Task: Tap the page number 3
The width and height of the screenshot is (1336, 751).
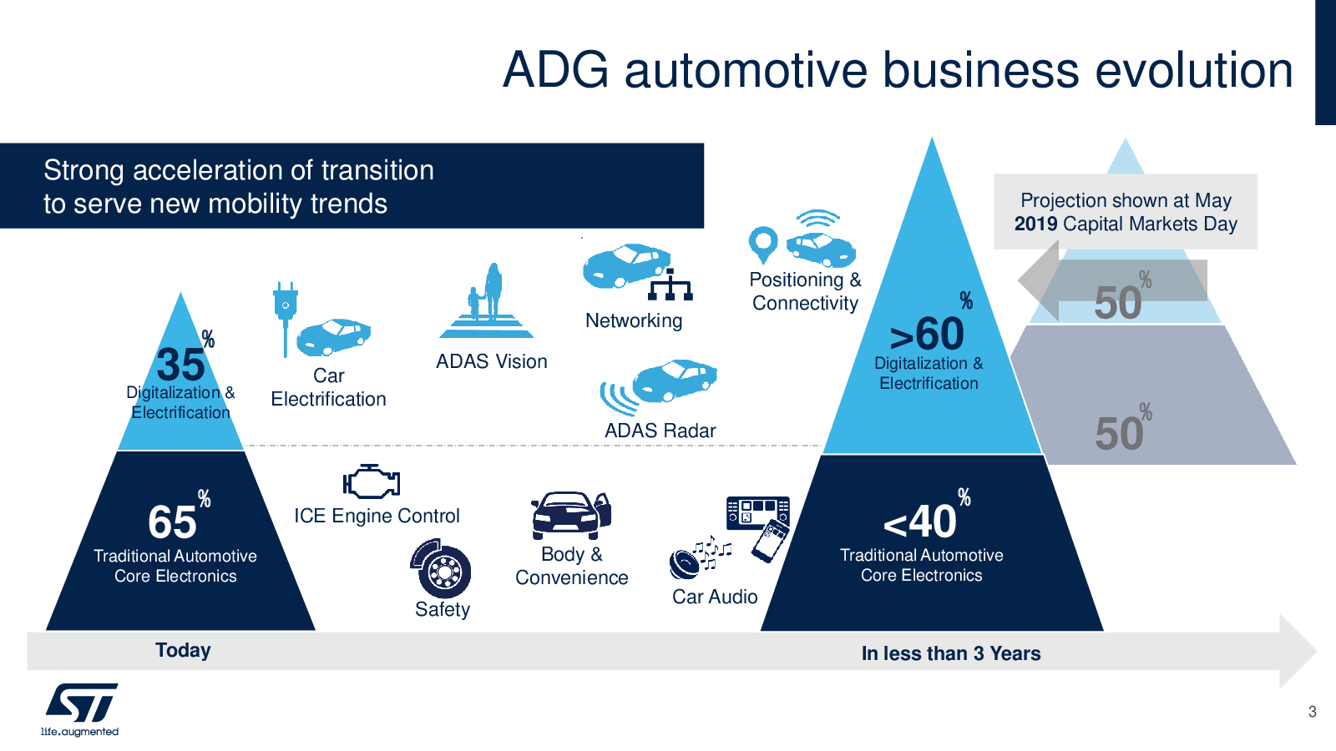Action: tap(1312, 712)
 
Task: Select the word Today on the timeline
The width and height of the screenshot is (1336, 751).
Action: tap(183, 650)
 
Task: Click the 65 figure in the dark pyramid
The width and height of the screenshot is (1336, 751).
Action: tap(173, 522)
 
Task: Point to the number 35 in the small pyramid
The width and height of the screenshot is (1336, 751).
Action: tap(180, 365)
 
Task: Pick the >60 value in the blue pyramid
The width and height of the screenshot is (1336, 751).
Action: tap(927, 335)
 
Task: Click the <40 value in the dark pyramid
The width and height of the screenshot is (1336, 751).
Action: tap(920, 522)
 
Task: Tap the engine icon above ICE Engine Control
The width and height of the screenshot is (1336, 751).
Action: tap(372, 482)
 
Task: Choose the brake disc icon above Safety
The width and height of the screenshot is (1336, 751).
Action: tap(441, 570)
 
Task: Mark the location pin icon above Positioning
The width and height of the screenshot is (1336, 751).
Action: tap(763, 244)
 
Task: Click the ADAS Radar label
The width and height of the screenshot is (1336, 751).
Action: tap(660, 431)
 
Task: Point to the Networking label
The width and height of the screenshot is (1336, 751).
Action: tap(634, 320)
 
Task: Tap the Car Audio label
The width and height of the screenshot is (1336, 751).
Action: tap(715, 597)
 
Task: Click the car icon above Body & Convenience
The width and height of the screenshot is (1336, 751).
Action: tap(571, 515)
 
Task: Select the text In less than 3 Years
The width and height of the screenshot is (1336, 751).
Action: tap(951, 653)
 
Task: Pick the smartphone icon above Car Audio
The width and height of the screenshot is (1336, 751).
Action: tap(770, 542)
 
